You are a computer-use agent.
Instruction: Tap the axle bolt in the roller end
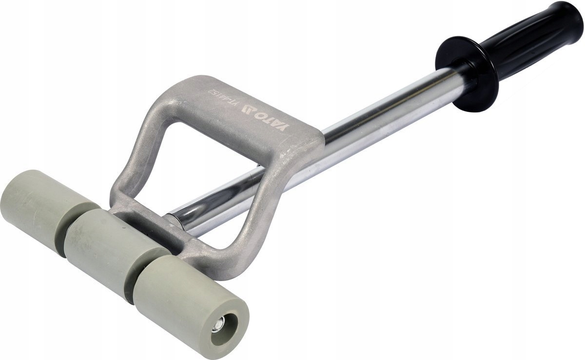click(x=220, y=322)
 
